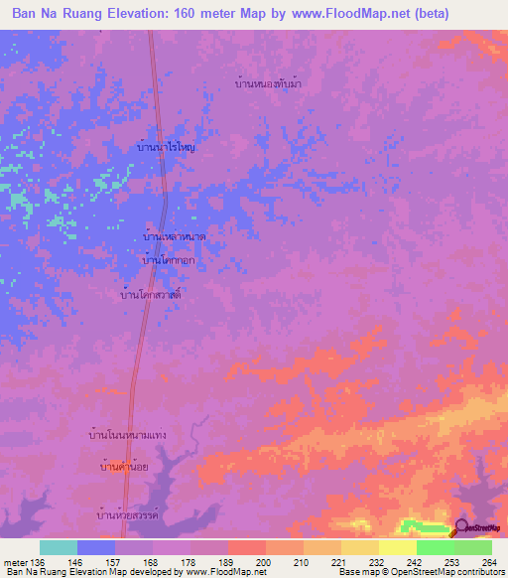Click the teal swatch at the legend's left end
tap(58, 547)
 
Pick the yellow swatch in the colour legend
tap(397, 547)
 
